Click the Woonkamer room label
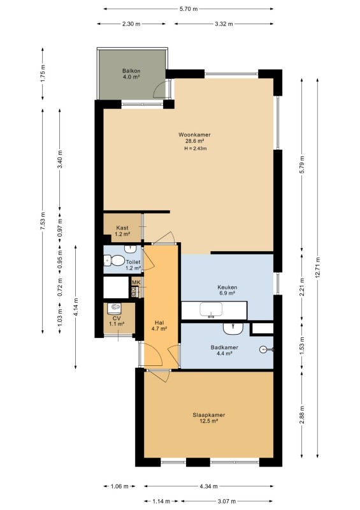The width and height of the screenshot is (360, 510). coord(194,135)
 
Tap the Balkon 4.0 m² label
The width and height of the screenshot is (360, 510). coord(131,74)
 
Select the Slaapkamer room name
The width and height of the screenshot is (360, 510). coord(209,415)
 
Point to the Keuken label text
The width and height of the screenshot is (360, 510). coord(227,288)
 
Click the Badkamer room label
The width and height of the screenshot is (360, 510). coord(224,347)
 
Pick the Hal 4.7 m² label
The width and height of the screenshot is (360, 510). coord(159,326)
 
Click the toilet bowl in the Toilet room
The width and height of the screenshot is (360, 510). coord(115,261)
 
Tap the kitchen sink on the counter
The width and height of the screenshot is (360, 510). coord(211,309)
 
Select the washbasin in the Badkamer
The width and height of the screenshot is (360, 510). coord(233,328)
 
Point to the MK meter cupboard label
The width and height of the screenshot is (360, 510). coord(136,282)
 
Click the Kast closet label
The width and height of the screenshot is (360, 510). coord(122,228)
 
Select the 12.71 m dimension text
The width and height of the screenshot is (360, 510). coord(317,267)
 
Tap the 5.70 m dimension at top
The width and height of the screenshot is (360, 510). coord(189,9)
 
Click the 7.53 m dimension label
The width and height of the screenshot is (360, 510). coord(43,221)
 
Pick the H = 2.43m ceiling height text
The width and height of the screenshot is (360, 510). coord(196,149)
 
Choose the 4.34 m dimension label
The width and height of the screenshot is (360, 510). coord(208,486)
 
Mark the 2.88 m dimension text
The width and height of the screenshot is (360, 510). coord(302,415)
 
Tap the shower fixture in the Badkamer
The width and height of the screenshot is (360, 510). coord(266,349)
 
